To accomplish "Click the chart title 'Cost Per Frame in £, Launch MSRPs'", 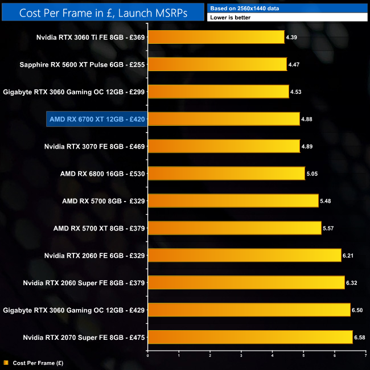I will [102, 12].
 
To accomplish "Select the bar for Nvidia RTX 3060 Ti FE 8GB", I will [216, 37].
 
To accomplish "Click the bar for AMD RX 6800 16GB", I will [227, 173].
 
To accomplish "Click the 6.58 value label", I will [361, 337].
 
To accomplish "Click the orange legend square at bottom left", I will [5, 362].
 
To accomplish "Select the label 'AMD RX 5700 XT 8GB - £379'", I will [99, 228].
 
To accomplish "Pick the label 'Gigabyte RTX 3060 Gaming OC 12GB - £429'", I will [74, 310].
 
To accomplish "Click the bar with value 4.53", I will [219, 92].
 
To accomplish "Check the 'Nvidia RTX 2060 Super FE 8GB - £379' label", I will [84, 282].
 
